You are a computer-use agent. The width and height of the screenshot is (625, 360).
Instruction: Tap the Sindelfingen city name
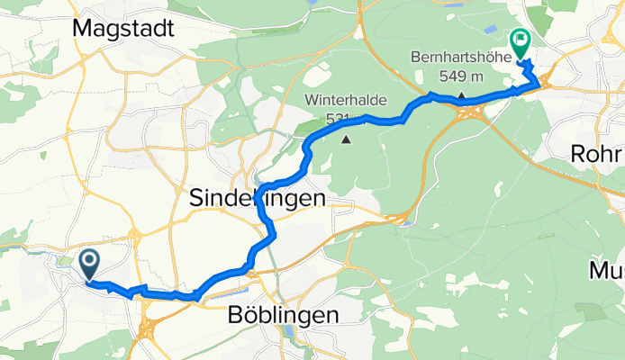point(257,198)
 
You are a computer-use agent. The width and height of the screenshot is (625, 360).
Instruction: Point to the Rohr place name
point(597,154)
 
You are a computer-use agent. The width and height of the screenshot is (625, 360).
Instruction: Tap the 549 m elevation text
point(460,75)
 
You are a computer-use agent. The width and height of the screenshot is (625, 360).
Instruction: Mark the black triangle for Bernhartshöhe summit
point(460,96)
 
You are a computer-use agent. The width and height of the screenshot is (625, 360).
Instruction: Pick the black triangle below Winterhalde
point(348,139)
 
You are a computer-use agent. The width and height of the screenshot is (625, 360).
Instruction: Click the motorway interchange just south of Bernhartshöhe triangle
point(476,112)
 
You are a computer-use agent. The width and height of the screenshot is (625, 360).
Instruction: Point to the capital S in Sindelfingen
point(197,198)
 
